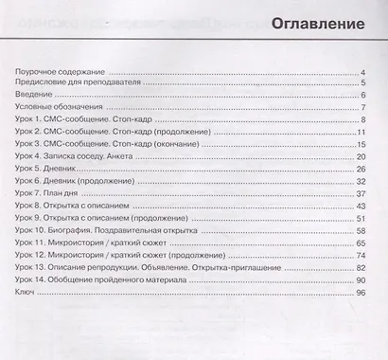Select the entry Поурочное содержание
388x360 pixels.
click(60, 72)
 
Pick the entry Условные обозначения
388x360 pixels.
click(60, 108)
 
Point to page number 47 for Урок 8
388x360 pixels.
click(361, 206)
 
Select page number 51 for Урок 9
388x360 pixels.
click(361, 218)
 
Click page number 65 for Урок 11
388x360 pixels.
click(361, 243)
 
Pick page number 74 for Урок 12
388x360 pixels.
click(361, 255)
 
